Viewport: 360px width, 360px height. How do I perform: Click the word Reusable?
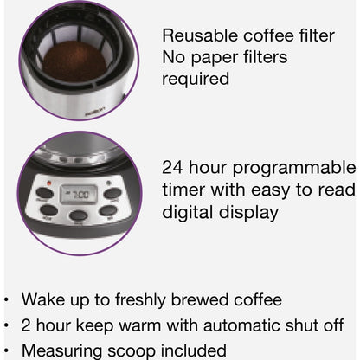coord(200,35)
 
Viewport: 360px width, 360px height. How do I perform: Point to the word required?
coord(196,79)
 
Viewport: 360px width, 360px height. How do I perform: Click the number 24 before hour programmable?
coord(172,167)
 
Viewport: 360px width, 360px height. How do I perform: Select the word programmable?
coord(294,169)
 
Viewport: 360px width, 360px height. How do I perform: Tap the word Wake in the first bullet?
coord(43,299)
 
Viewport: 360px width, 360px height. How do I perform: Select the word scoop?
coord(132,351)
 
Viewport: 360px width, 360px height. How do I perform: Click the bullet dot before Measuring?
coord(7,351)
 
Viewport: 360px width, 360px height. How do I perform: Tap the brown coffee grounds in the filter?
coord(75,61)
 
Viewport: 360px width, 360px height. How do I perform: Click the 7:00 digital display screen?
coord(79,195)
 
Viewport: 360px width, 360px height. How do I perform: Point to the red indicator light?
coord(48,183)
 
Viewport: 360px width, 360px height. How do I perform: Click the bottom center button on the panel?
coord(78,215)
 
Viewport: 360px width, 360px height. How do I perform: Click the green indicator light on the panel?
coord(109,183)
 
